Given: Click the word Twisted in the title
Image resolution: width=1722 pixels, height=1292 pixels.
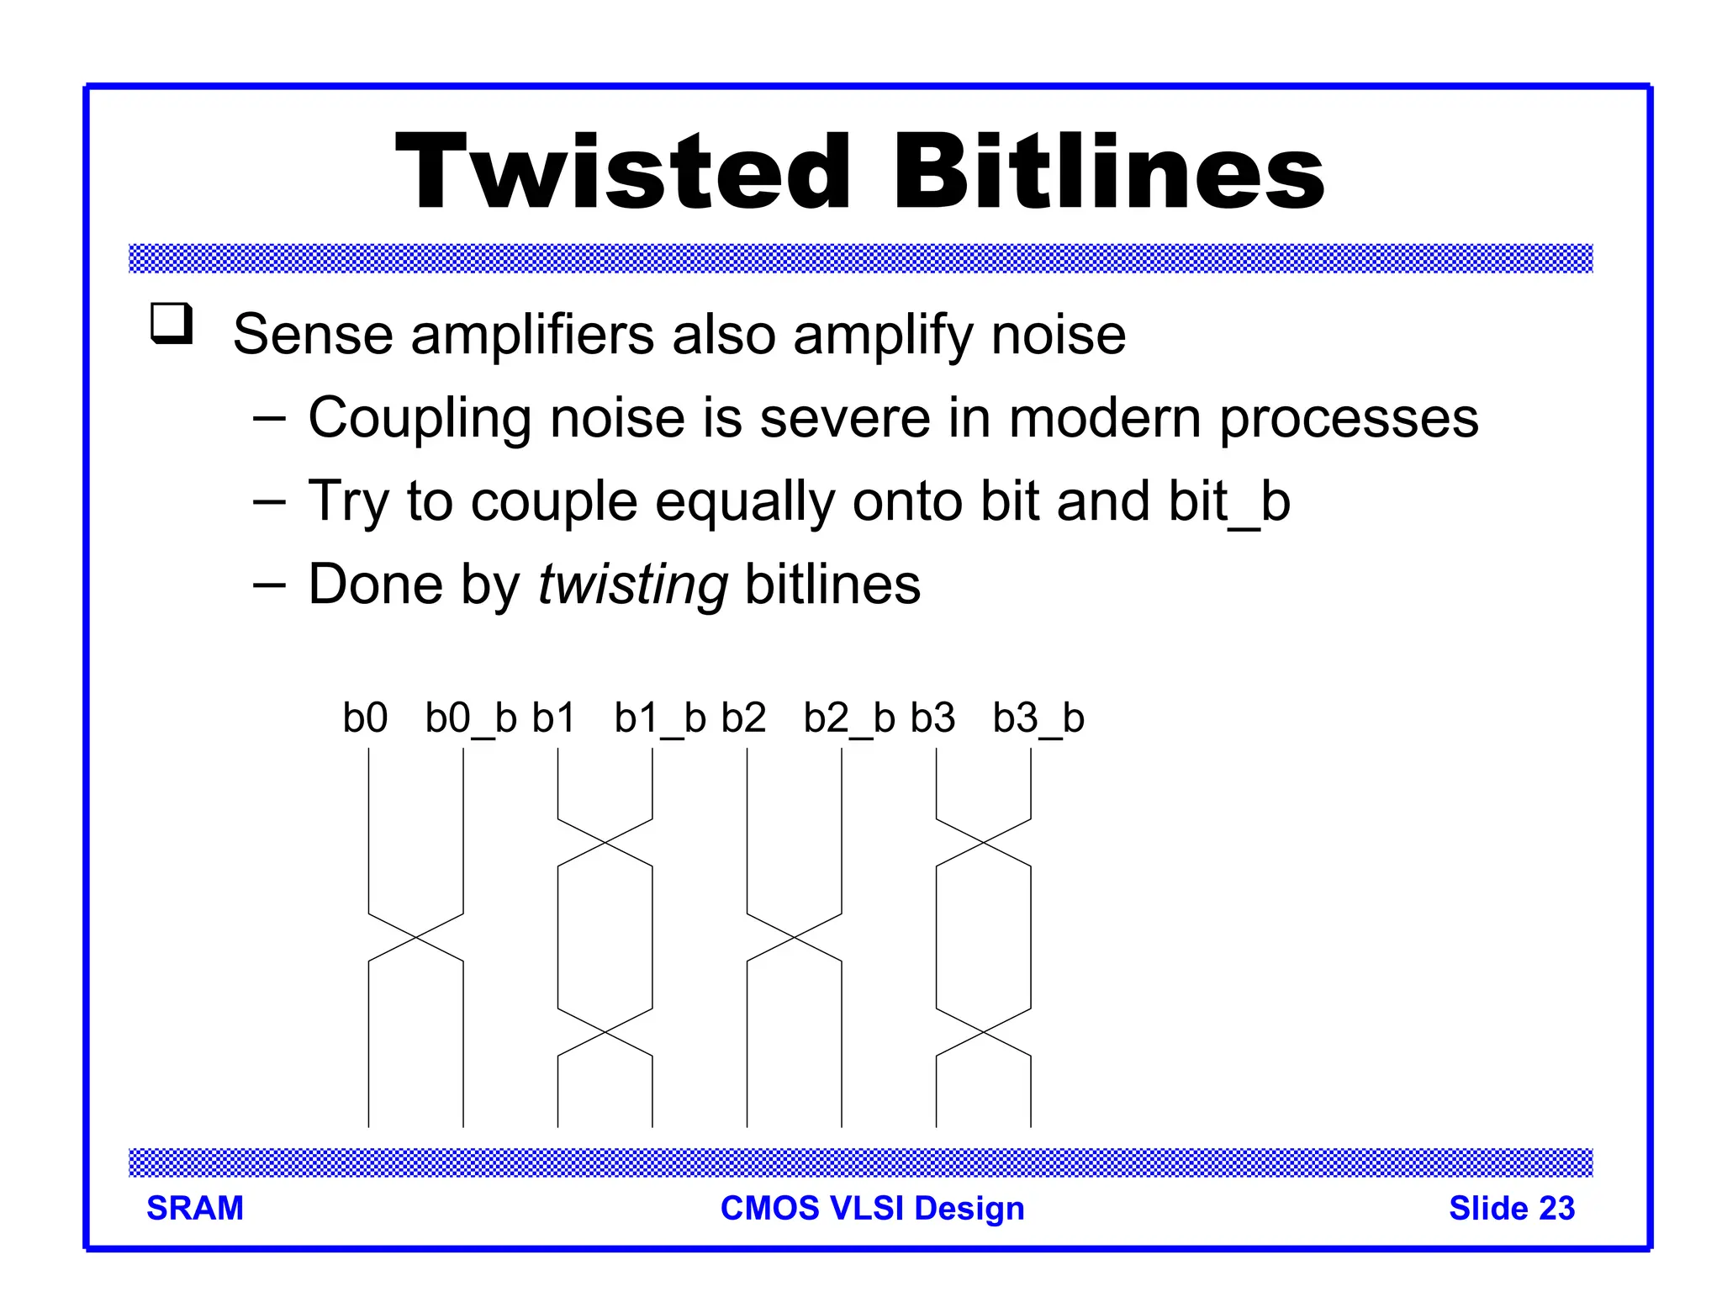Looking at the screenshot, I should [x=623, y=172].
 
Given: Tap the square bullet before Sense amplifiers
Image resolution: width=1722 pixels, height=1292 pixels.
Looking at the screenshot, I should [x=172, y=324].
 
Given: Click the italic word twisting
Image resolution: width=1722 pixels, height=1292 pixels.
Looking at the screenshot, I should [x=632, y=585].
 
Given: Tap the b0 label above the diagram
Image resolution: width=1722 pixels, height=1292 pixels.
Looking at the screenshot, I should [x=365, y=718].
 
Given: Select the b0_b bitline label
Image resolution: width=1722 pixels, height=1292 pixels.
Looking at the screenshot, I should [x=470, y=718].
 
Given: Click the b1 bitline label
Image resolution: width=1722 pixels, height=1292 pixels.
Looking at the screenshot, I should [x=553, y=718].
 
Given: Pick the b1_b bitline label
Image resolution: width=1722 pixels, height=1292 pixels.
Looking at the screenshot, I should [x=659, y=718].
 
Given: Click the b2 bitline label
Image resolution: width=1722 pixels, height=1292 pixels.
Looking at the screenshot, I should [x=743, y=718].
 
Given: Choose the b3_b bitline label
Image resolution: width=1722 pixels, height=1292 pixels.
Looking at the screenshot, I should [x=1038, y=718].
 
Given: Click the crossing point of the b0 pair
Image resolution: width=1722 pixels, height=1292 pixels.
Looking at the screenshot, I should [x=416, y=936].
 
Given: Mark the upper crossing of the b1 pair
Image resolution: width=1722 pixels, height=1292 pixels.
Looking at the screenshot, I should [x=605, y=842].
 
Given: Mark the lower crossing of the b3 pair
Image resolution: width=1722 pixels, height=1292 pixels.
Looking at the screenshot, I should [x=984, y=1031].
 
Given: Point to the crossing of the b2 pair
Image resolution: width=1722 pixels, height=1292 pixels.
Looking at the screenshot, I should [x=795, y=936].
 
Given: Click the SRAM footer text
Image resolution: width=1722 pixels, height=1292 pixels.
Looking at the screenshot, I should [x=195, y=1208].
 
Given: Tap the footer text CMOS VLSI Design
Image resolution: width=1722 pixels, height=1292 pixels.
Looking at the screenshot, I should [x=872, y=1208].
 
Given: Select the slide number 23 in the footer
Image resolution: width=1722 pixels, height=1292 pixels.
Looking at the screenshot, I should [x=1556, y=1208].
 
